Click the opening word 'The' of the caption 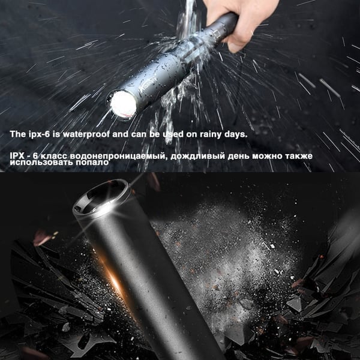[18, 134]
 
